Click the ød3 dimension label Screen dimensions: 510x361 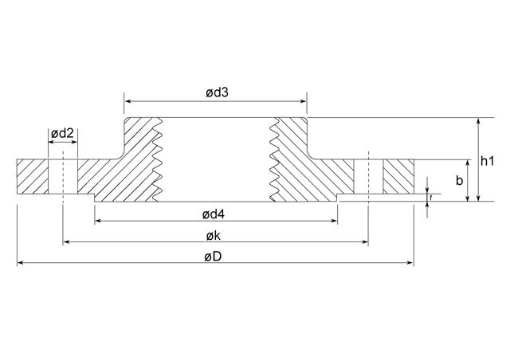click(x=217, y=92)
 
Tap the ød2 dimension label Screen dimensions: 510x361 click(x=62, y=133)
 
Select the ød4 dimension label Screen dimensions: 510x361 click(x=214, y=214)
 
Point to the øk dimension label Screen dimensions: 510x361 click(x=213, y=236)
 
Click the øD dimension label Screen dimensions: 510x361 click(x=213, y=257)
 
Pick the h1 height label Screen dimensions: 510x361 click(x=487, y=161)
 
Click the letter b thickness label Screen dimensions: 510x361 click(x=459, y=180)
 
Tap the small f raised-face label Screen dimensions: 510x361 click(x=431, y=197)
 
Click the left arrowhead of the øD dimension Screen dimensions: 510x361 click(x=20, y=263)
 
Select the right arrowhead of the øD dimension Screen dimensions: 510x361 click(x=410, y=263)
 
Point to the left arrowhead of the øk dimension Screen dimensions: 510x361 click(x=65, y=241)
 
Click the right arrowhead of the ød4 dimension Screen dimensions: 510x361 click(x=334, y=221)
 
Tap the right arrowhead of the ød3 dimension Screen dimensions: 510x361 click(x=304, y=101)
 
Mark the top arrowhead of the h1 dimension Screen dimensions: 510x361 click(x=478, y=121)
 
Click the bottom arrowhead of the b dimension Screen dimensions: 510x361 click(x=468, y=198)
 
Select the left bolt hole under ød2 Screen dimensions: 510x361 click(x=63, y=177)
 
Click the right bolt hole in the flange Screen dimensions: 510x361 click(x=368, y=177)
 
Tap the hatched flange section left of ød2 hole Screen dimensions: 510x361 click(x=33, y=177)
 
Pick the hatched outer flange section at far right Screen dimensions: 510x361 click(x=398, y=177)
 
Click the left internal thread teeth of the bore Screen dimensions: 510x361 click(x=158, y=159)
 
